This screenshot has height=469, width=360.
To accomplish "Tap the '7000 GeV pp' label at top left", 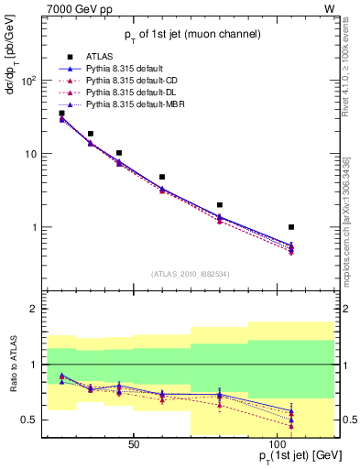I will coord(53,8).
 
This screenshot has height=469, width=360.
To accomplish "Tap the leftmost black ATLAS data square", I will coord(61,114).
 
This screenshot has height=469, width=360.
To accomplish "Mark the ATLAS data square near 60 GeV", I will coord(162,177).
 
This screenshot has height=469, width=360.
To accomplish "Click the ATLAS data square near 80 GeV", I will coord(220,205).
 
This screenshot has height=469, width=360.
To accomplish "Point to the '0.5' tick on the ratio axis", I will coord(29,420).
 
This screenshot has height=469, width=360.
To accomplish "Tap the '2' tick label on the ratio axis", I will coord(34,310).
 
